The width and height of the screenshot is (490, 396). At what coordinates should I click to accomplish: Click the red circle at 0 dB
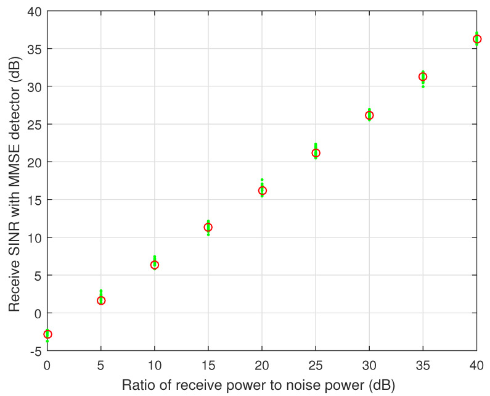tap(47, 334)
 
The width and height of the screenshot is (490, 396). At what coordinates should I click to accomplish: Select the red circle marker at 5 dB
tap(101, 300)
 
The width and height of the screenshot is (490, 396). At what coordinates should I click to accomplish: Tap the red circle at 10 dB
tap(155, 265)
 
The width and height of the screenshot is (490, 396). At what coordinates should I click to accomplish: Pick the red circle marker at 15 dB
tap(208, 227)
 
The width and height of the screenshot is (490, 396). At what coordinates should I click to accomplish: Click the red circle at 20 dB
tap(262, 191)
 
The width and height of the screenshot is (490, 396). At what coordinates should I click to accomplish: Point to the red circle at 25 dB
tap(316, 153)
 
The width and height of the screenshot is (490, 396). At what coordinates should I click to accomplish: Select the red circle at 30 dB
tap(369, 115)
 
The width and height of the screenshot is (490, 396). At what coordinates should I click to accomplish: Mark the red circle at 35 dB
tap(423, 76)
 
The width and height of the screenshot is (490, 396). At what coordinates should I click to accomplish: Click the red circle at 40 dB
tap(476, 39)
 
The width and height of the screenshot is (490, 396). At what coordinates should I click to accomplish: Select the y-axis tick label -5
tap(36, 351)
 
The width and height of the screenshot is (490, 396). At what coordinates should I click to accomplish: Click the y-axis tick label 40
tap(35, 11)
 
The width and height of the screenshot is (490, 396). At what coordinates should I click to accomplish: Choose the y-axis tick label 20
tap(35, 162)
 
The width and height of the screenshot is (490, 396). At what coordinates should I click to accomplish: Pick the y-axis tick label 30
tap(35, 87)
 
